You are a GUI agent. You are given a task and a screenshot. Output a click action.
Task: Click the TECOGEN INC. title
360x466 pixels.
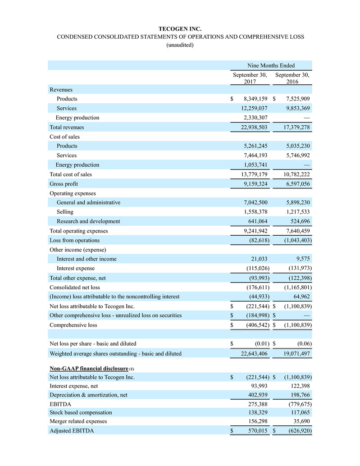click(180, 28)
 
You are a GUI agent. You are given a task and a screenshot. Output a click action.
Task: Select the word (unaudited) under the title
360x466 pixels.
click(180, 45)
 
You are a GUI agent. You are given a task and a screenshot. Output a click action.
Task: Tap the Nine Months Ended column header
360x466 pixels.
click(270, 65)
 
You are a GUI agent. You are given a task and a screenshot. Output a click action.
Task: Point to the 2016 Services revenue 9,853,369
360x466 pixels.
click(294, 108)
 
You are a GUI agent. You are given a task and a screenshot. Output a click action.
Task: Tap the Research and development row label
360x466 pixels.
click(88, 221)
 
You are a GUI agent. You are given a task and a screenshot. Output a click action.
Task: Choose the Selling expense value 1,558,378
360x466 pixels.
click(252, 212)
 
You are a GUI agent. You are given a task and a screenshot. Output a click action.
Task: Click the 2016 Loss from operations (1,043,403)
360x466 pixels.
click(294, 240)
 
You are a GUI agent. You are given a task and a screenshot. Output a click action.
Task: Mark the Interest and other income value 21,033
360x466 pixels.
click(259, 259)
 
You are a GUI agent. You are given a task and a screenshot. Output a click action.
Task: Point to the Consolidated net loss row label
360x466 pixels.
click(75, 287)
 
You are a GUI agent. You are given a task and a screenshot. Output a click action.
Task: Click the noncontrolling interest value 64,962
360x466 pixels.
click(300, 297)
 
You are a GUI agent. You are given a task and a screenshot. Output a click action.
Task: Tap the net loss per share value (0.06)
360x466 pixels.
click(303, 344)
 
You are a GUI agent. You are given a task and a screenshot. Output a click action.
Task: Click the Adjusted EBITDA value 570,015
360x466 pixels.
click(255, 431)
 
